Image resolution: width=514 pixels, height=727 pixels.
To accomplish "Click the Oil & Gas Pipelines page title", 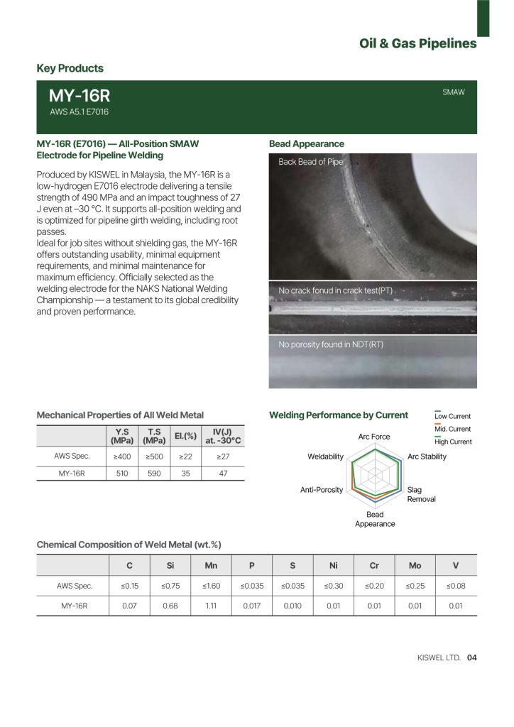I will pyautogui.click(x=417, y=44).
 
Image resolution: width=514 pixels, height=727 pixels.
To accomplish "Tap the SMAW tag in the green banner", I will pyautogui.click(x=454, y=92).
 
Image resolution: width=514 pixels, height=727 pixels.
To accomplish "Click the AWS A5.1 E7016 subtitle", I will pyautogui.click(x=79, y=112).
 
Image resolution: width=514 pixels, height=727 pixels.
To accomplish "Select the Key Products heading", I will pyautogui.click(x=70, y=68).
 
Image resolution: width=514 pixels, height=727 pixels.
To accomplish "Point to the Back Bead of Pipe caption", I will pyautogui.click(x=311, y=162).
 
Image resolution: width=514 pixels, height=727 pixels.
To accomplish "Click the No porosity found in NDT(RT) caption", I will pyautogui.click(x=331, y=345).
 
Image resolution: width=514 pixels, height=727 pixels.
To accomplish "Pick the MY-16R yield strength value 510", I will pyautogui.click(x=123, y=473).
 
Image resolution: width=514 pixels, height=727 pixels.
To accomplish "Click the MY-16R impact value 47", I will pyautogui.click(x=223, y=473).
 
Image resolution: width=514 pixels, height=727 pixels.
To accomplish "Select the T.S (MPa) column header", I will pyautogui.click(x=154, y=435).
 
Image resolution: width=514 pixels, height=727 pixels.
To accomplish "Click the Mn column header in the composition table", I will pyautogui.click(x=211, y=565).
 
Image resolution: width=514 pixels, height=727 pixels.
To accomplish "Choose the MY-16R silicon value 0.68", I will pyautogui.click(x=170, y=606).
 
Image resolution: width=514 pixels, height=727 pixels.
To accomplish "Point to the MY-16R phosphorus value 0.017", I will pyautogui.click(x=252, y=606).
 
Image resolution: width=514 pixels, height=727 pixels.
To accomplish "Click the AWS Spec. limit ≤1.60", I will pyautogui.click(x=211, y=586).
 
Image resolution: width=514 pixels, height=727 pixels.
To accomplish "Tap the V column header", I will pyautogui.click(x=456, y=565).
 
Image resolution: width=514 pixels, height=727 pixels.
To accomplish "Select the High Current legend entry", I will pyautogui.click(x=452, y=442).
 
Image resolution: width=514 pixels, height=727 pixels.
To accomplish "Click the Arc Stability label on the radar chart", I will pyautogui.click(x=427, y=457).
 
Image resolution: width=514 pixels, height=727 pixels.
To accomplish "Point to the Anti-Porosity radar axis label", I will pyautogui.click(x=322, y=490).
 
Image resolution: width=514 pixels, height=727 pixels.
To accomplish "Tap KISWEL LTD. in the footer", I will pyautogui.click(x=439, y=657).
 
